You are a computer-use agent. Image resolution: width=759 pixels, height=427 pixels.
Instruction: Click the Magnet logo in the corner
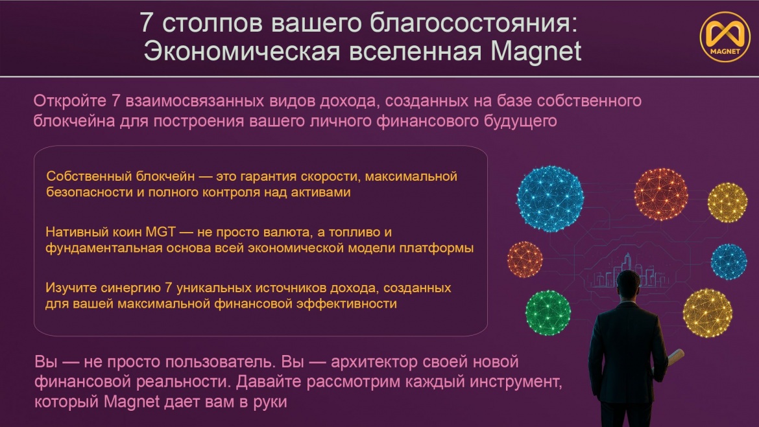(x=725, y=37)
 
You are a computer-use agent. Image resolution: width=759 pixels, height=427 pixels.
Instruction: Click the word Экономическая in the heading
(x=242, y=51)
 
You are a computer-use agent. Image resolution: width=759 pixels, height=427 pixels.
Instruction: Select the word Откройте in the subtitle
(x=69, y=100)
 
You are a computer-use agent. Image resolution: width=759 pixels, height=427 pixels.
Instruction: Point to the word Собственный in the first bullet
(x=89, y=176)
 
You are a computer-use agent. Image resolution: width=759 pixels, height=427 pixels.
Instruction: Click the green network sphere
(x=548, y=313)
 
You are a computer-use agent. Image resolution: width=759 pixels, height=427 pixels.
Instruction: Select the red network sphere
(x=661, y=194)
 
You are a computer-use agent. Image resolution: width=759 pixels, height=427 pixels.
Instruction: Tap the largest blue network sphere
(x=550, y=199)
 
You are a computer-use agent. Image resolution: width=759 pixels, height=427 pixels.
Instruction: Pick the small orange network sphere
(x=525, y=260)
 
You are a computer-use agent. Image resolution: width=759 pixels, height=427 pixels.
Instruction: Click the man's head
(x=629, y=285)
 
